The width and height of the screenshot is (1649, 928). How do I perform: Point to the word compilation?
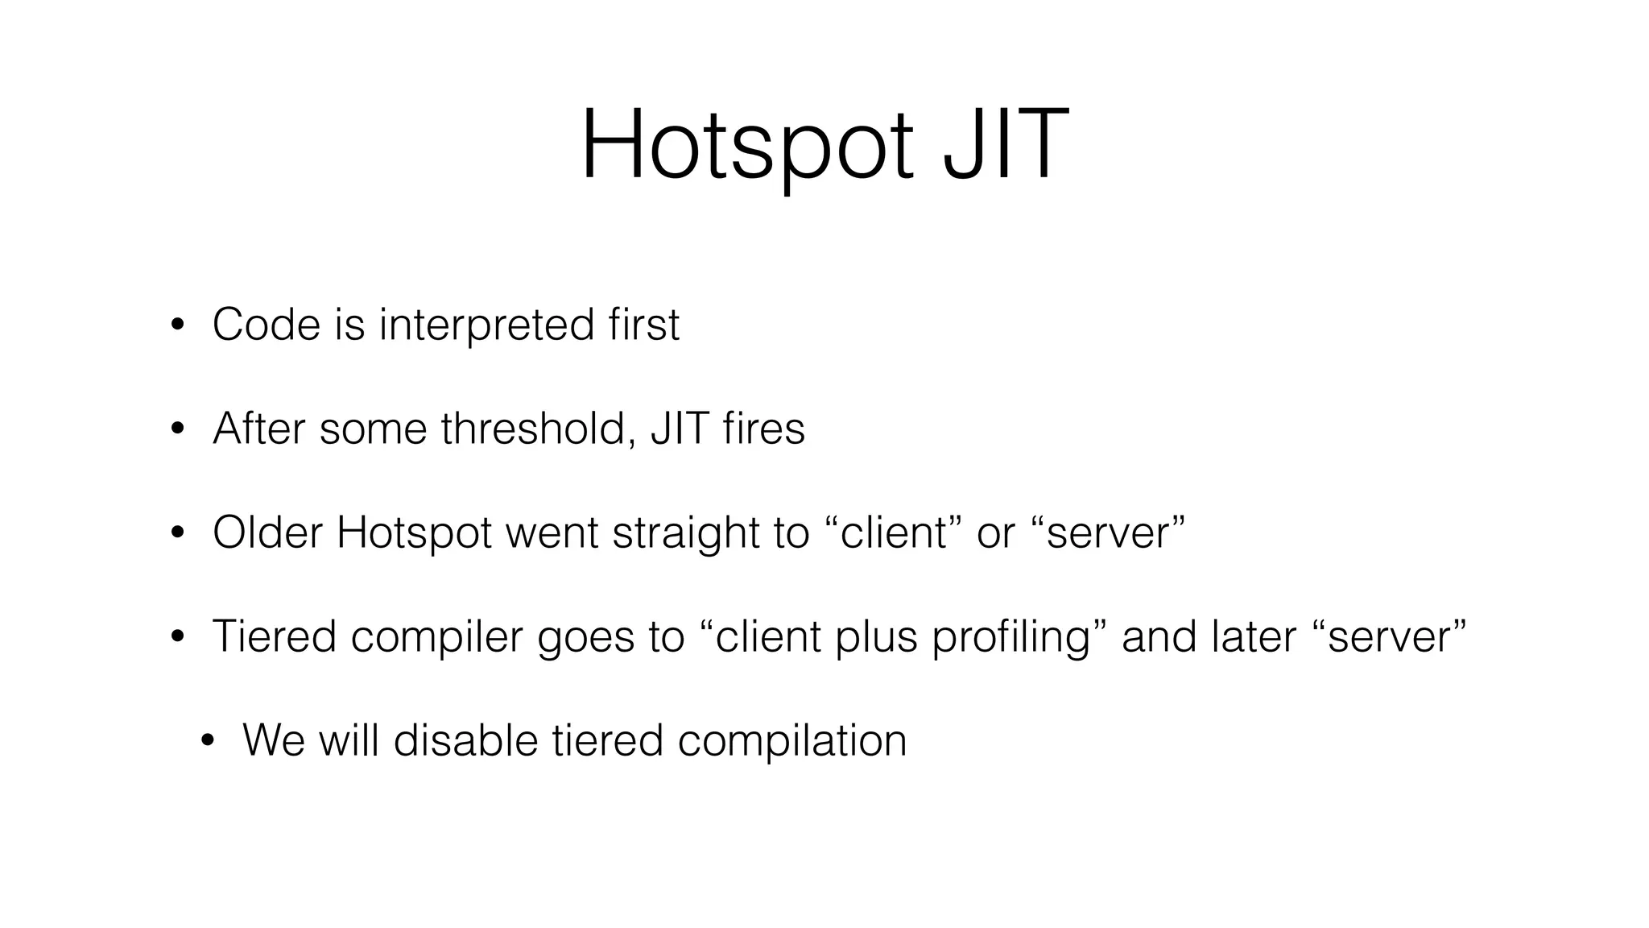(792, 742)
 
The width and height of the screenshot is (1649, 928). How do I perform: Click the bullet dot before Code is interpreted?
(177, 326)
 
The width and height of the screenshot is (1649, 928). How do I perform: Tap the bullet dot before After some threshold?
(177, 430)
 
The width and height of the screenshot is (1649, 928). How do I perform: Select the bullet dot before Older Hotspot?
(177, 534)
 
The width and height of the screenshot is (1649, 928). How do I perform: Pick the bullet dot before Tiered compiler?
(177, 638)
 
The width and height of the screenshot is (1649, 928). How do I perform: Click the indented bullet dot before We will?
(208, 742)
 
